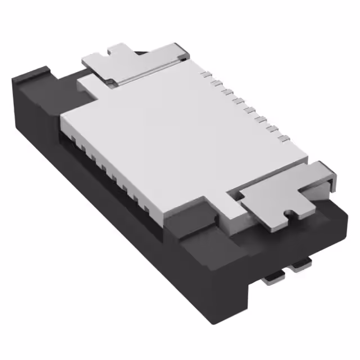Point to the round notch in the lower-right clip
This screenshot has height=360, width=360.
[289, 213]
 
